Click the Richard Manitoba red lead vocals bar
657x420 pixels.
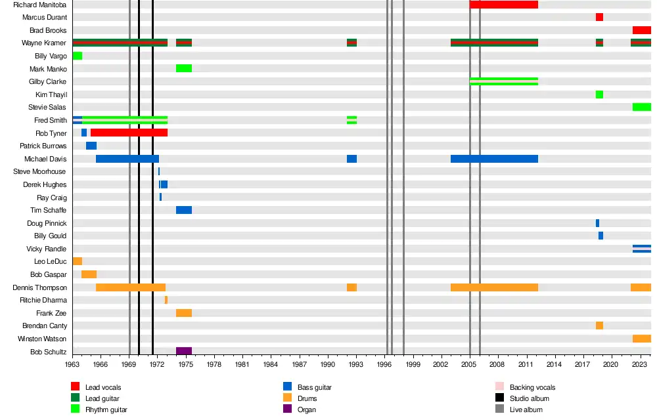click(503, 5)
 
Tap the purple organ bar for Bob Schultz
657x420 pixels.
click(184, 351)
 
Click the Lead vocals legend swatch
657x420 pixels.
click(76, 387)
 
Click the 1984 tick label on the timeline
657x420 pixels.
click(271, 364)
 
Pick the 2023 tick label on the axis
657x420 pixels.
click(640, 364)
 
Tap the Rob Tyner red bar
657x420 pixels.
click(129, 133)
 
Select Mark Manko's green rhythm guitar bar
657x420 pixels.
click(184, 68)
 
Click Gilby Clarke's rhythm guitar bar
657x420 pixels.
click(504, 81)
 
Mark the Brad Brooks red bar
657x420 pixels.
click(642, 30)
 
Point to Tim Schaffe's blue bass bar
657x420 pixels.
click(184, 210)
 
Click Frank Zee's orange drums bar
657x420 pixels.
click(184, 313)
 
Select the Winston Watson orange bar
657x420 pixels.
click(642, 339)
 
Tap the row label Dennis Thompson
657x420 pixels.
click(40, 287)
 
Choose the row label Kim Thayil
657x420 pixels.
click(51, 94)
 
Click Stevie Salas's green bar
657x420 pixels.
click(642, 107)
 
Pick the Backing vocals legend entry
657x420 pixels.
click(532, 387)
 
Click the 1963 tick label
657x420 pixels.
click(72, 364)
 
